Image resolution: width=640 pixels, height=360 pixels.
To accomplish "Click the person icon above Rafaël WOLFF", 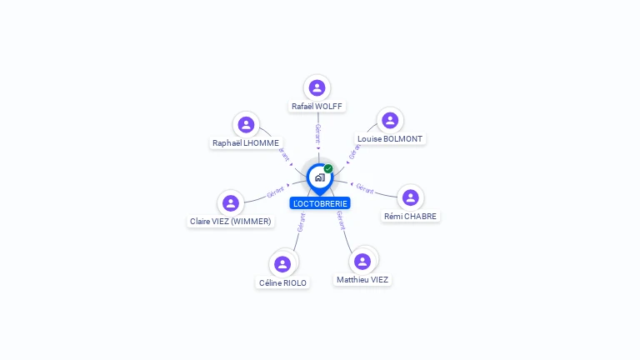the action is coord(317,87).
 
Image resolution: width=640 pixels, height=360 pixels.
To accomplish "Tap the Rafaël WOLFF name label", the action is coord(317,107).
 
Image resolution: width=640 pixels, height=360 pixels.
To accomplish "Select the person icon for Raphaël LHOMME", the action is coord(246,124).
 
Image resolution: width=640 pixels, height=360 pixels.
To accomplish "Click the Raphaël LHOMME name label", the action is coord(246,143).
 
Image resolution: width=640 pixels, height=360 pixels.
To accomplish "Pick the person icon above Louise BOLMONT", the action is coord(390,120).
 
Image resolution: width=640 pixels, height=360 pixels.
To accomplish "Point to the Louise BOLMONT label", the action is coord(390,139).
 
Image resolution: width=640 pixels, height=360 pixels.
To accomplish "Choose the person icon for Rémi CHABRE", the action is coord(411,198).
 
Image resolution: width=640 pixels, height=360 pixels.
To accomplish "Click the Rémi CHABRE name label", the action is coord(410,217).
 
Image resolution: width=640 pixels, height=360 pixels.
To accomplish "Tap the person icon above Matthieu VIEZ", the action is coord(362,262).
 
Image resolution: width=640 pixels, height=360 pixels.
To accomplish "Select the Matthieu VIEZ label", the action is coord(362,280).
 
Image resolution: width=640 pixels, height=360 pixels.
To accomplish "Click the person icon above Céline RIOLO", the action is coord(282,264).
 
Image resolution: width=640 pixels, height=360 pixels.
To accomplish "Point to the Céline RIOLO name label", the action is coord(282,283).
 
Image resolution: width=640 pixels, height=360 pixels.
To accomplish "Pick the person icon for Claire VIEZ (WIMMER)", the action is coord(231,202).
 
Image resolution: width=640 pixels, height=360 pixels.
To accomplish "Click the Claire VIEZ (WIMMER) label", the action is coord(231,222).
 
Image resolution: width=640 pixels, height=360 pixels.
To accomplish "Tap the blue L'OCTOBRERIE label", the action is coord(320,203).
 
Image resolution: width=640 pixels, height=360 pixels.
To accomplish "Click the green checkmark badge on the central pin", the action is coord(328,168).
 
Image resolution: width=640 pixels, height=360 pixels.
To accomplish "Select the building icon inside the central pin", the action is coord(320,177).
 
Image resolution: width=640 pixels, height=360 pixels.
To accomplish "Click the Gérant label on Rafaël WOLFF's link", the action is coord(318,134).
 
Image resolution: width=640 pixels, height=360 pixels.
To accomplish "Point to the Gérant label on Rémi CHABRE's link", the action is coord(364,188).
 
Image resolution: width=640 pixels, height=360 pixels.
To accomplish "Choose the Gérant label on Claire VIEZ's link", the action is coord(276,192).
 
